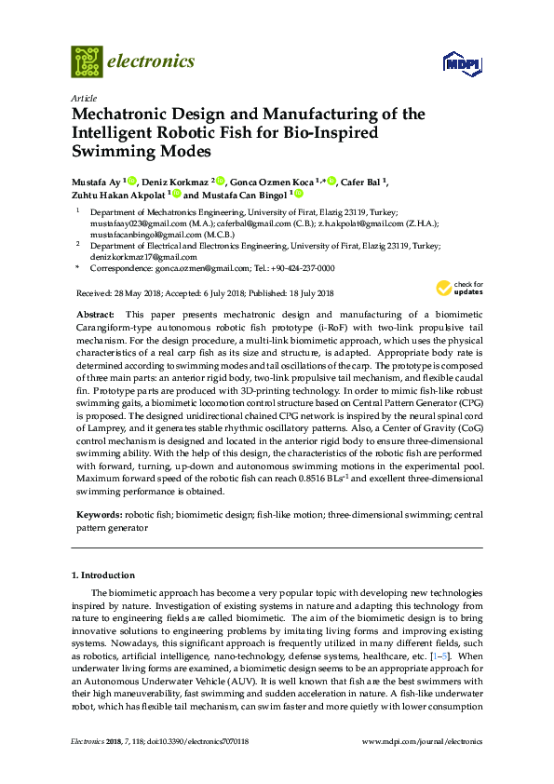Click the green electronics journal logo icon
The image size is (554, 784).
pos(87,62)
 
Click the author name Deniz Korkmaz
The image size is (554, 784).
pos(172,181)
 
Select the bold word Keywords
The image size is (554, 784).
pos(98,514)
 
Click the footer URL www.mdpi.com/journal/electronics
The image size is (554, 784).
pos(428,742)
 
